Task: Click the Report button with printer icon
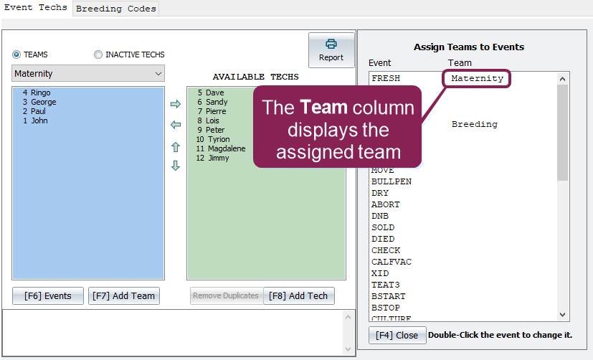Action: [331, 50]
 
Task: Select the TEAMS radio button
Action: [16, 55]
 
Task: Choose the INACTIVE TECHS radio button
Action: [98, 55]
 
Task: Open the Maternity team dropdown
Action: [88, 73]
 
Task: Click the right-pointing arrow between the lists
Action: [176, 104]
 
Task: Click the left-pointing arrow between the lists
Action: [176, 124]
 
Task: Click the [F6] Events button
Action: [48, 295]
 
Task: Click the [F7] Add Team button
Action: [124, 295]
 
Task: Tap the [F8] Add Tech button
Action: [299, 295]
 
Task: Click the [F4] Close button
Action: [397, 335]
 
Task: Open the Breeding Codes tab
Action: [115, 9]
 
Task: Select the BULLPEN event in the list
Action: [392, 181]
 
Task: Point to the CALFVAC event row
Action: [392, 262]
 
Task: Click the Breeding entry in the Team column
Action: [475, 124]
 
